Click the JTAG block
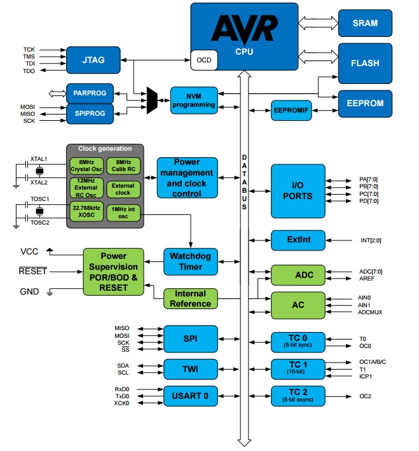[93, 60]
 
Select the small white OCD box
[203, 60]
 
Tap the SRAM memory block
[365, 23]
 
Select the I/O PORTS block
[298, 190]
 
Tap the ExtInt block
[298, 240]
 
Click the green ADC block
[298, 275]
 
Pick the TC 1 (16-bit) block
[298, 367]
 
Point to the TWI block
[190, 368]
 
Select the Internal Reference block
[190, 299]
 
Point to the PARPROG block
[93, 93]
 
